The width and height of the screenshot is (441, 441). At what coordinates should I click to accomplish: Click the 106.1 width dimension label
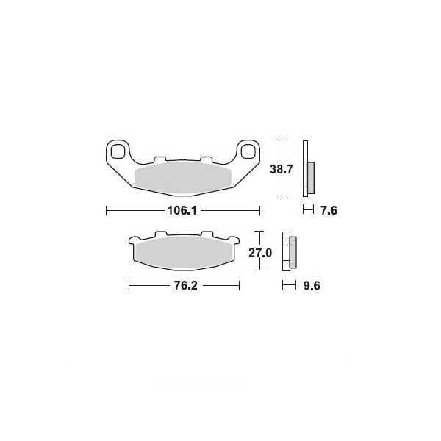coord(182,210)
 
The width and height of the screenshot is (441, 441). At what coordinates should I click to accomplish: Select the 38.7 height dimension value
coord(282,169)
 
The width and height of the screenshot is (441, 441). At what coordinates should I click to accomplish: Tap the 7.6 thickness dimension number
coord(329,210)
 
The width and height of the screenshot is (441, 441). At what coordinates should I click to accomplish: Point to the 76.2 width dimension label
coord(186,286)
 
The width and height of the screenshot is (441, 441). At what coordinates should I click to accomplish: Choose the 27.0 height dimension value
coord(260,253)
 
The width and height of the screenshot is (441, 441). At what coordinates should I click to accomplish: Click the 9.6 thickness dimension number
coord(312,286)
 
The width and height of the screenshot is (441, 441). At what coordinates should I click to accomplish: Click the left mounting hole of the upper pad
coord(118,151)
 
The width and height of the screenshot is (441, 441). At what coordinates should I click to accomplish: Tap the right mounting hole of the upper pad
coord(248,151)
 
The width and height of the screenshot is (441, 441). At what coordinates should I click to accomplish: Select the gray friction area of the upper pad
coord(183,178)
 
